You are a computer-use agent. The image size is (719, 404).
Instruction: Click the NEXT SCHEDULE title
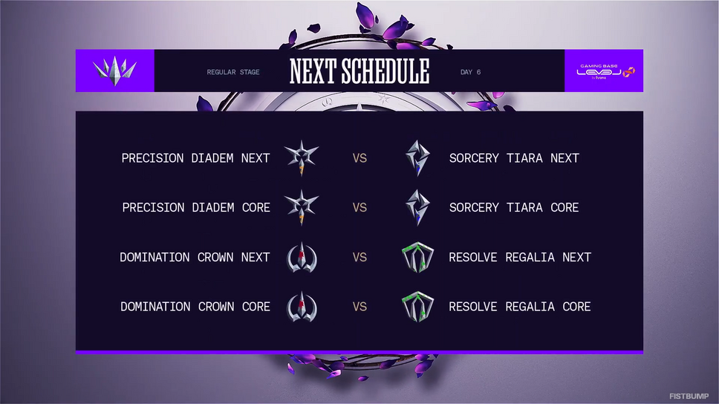(x=359, y=71)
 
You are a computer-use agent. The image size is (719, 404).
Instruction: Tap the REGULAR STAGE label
(x=233, y=72)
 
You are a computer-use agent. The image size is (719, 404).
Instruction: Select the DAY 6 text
(x=470, y=72)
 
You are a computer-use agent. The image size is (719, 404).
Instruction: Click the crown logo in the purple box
(x=114, y=71)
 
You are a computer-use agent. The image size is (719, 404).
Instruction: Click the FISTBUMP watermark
(x=689, y=396)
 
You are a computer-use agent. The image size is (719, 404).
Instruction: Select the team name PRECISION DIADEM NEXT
(x=195, y=158)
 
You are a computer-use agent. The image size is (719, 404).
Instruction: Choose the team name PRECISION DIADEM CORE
(x=196, y=208)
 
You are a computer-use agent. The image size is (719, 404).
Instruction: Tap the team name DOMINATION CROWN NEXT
(x=195, y=257)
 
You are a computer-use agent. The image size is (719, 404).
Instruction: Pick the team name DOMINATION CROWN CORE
(x=195, y=307)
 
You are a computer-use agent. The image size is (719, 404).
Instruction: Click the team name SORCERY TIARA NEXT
(x=514, y=158)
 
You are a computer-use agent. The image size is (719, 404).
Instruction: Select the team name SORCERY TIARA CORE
(x=513, y=208)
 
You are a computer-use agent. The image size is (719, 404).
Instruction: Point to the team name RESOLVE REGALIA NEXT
(x=519, y=257)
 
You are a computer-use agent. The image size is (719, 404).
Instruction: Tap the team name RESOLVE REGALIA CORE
(x=519, y=307)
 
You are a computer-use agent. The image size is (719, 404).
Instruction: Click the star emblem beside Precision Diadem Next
(x=302, y=158)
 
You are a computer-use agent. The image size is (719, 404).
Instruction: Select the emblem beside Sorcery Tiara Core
(x=417, y=208)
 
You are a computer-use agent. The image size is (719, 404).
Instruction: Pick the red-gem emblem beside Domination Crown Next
(x=302, y=257)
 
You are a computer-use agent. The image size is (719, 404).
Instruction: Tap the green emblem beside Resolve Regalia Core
(x=417, y=307)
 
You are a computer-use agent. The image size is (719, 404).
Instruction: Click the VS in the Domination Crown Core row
(x=359, y=307)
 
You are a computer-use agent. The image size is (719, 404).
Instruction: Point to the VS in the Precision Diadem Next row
(x=359, y=158)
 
